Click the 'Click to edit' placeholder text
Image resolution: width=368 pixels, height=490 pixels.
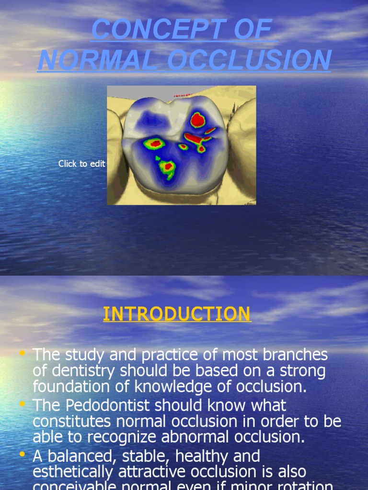[81, 164]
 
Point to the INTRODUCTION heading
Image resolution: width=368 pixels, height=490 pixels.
[177, 314]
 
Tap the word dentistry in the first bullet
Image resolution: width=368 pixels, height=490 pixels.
[83, 371]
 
